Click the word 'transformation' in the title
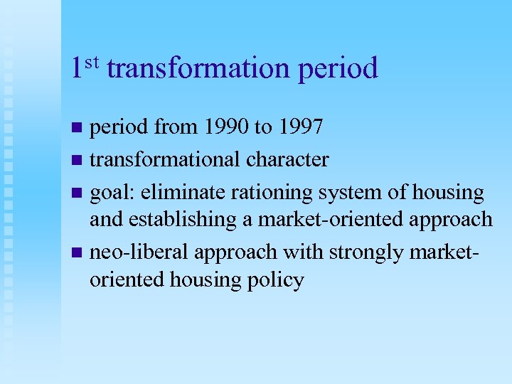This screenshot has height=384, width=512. coord(198,69)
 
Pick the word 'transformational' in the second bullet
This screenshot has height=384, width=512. coord(165,159)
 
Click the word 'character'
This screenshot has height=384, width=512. coord(287,159)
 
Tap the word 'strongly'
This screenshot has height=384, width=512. coord(386,252)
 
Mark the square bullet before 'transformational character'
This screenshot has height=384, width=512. coord(78,161)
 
